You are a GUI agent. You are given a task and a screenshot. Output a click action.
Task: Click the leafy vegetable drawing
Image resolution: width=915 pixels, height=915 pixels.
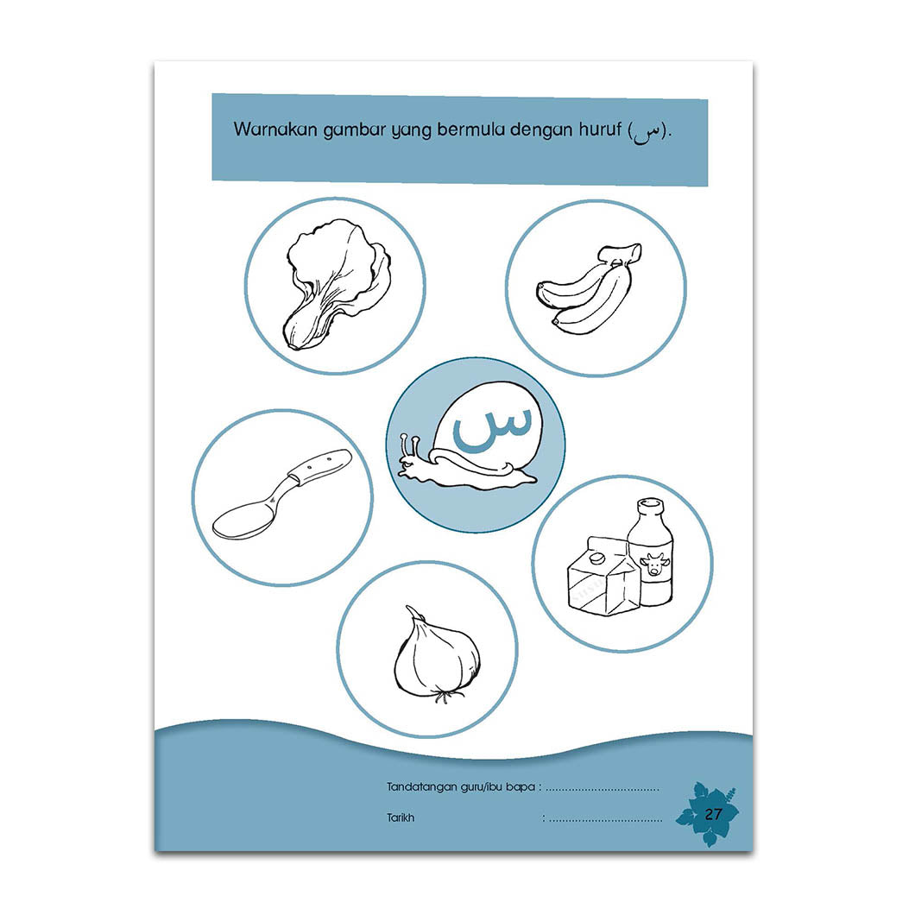336,285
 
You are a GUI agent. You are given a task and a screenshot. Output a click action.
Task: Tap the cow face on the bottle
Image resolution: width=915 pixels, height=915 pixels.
654,565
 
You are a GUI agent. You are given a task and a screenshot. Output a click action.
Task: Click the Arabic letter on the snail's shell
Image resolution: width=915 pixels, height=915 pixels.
493,429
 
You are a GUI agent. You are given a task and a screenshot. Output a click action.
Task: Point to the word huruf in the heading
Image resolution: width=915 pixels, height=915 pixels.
601,129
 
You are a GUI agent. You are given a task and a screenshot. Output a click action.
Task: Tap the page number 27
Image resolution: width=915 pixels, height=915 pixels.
713,814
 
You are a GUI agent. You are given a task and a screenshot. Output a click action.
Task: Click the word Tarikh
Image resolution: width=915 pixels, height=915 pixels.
401,817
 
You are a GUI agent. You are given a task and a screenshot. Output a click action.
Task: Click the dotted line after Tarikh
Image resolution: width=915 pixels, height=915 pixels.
606,820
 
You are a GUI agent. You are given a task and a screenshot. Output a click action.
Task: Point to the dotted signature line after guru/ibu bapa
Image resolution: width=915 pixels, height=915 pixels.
603,790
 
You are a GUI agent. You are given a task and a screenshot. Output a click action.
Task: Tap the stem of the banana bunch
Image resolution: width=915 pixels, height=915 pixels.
622,255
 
